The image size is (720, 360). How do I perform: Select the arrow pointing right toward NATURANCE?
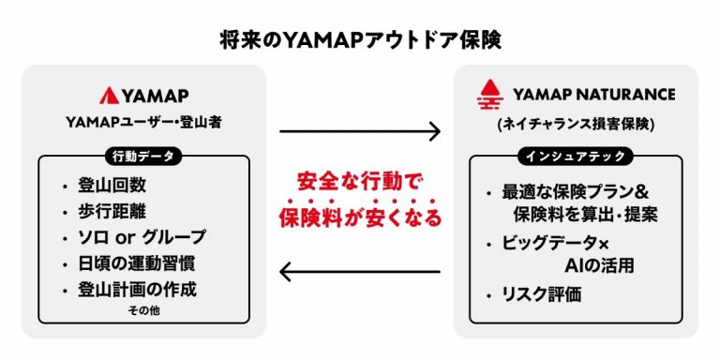(x=360, y=130)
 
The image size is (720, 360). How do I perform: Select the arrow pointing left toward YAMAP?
(x=360, y=273)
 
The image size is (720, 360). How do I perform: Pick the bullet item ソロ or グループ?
(x=141, y=236)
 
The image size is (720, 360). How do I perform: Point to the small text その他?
(x=143, y=310)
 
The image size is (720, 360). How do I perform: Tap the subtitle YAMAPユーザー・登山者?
(x=143, y=122)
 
